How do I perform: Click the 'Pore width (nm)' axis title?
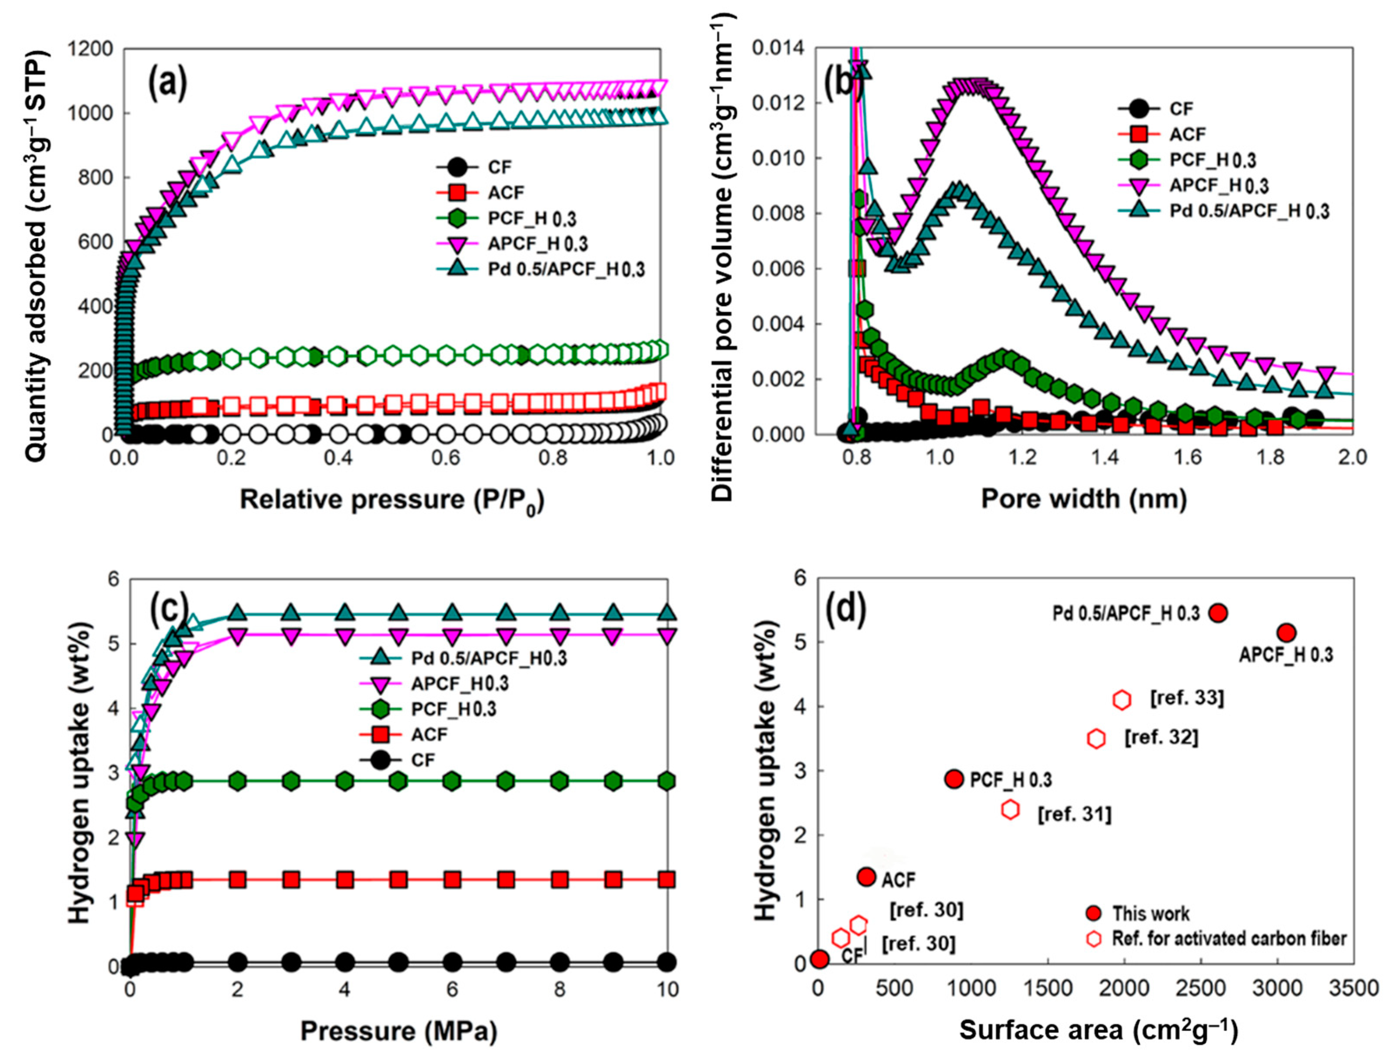(x=1083, y=500)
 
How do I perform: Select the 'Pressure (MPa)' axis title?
(x=398, y=1031)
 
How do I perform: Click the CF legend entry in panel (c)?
(x=423, y=760)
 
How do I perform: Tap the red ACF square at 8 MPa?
(x=559, y=880)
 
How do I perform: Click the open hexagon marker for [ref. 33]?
(x=1122, y=700)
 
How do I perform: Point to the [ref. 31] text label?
(x=1074, y=814)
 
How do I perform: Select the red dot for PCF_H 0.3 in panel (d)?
(x=954, y=779)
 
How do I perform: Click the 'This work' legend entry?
(x=1150, y=913)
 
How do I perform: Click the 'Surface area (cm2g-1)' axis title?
(x=1098, y=1031)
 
